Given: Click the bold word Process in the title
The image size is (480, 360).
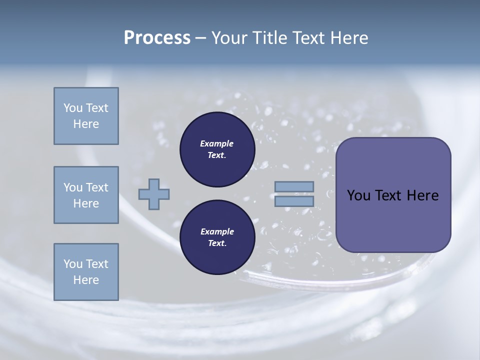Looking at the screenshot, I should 157,38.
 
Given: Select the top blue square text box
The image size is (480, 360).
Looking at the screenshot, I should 86,116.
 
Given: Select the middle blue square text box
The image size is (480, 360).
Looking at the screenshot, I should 86,195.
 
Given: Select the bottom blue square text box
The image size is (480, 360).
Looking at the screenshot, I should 86,272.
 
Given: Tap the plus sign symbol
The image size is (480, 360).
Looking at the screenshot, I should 154,194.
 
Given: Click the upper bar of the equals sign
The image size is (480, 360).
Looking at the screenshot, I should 294,186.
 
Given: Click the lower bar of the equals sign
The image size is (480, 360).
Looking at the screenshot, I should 294,201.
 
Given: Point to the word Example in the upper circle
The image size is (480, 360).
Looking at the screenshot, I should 217,143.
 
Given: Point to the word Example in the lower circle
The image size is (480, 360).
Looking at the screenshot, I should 217,231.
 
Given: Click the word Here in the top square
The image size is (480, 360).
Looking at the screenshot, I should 86,124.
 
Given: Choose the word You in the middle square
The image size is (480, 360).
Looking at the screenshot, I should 72,187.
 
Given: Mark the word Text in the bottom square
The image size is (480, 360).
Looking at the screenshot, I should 97,264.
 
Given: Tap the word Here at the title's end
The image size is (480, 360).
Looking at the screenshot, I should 349,38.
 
